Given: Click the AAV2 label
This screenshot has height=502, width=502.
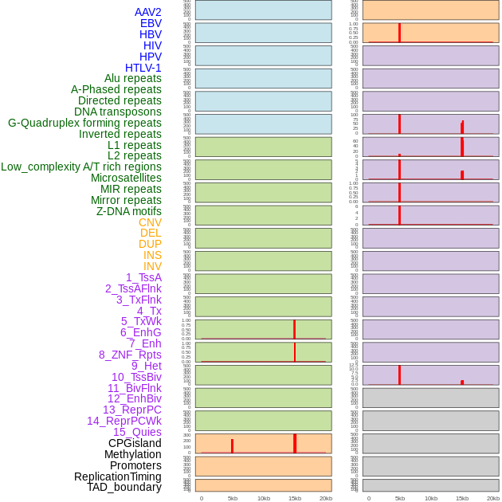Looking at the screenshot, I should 147,12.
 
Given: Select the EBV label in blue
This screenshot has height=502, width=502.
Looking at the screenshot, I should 151,23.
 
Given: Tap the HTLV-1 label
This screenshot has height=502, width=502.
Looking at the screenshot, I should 143,68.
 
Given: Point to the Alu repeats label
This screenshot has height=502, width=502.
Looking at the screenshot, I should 133,78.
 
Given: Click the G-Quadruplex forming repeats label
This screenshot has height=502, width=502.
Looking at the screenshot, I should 84,123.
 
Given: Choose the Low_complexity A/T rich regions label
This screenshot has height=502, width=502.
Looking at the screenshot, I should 81,167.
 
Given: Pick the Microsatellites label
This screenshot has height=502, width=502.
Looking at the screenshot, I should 126,178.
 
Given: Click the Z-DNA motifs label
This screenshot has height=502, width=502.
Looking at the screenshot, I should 129,211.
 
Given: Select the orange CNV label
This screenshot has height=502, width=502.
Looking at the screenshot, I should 150,222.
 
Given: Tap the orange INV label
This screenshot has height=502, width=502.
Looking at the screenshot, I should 152,266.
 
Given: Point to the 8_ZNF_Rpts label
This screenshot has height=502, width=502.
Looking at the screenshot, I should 130,355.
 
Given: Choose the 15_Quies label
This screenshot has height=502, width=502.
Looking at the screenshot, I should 137,432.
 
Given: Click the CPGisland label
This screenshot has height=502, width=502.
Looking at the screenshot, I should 135,443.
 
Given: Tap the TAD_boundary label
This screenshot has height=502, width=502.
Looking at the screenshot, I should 124,487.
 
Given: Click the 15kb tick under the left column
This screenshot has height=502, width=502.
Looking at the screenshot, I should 295,498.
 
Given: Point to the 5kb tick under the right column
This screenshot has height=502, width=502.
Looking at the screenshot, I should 400,498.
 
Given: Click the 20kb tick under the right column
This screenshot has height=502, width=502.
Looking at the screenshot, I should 493,498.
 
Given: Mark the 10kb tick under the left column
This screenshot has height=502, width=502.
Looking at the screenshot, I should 264,498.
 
